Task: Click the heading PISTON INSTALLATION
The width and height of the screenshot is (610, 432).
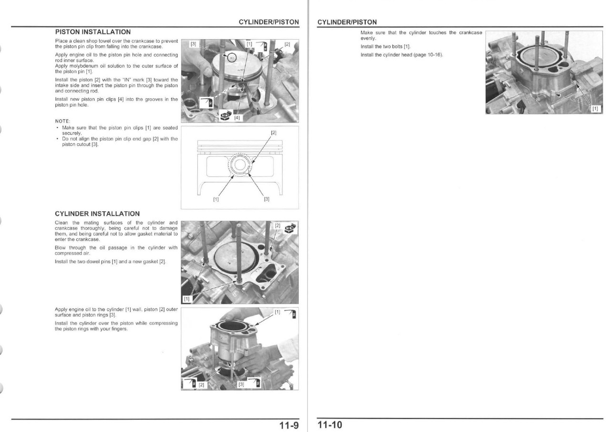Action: [x=93, y=32]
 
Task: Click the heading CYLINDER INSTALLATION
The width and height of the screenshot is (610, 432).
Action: [x=97, y=214]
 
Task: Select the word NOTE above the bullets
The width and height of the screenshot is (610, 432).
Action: [x=62, y=121]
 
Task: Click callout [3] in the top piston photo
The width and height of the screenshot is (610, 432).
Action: [x=193, y=44]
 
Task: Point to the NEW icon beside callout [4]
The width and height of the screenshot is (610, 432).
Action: [x=225, y=115]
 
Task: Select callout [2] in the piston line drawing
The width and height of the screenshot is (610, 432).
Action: [x=274, y=132]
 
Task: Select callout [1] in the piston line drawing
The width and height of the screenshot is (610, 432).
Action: [x=216, y=199]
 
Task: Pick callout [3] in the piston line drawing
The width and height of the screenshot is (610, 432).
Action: [x=267, y=199]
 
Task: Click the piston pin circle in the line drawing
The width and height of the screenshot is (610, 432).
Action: [x=240, y=166]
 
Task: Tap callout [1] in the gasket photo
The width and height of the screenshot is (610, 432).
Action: [x=187, y=299]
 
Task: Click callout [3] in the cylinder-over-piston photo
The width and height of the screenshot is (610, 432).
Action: [x=241, y=384]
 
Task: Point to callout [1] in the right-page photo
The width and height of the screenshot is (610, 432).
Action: [x=595, y=109]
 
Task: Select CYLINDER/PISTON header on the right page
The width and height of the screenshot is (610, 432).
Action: [x=347, y=22]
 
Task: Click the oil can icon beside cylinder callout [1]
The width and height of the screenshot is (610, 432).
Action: [x=292, y=314]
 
